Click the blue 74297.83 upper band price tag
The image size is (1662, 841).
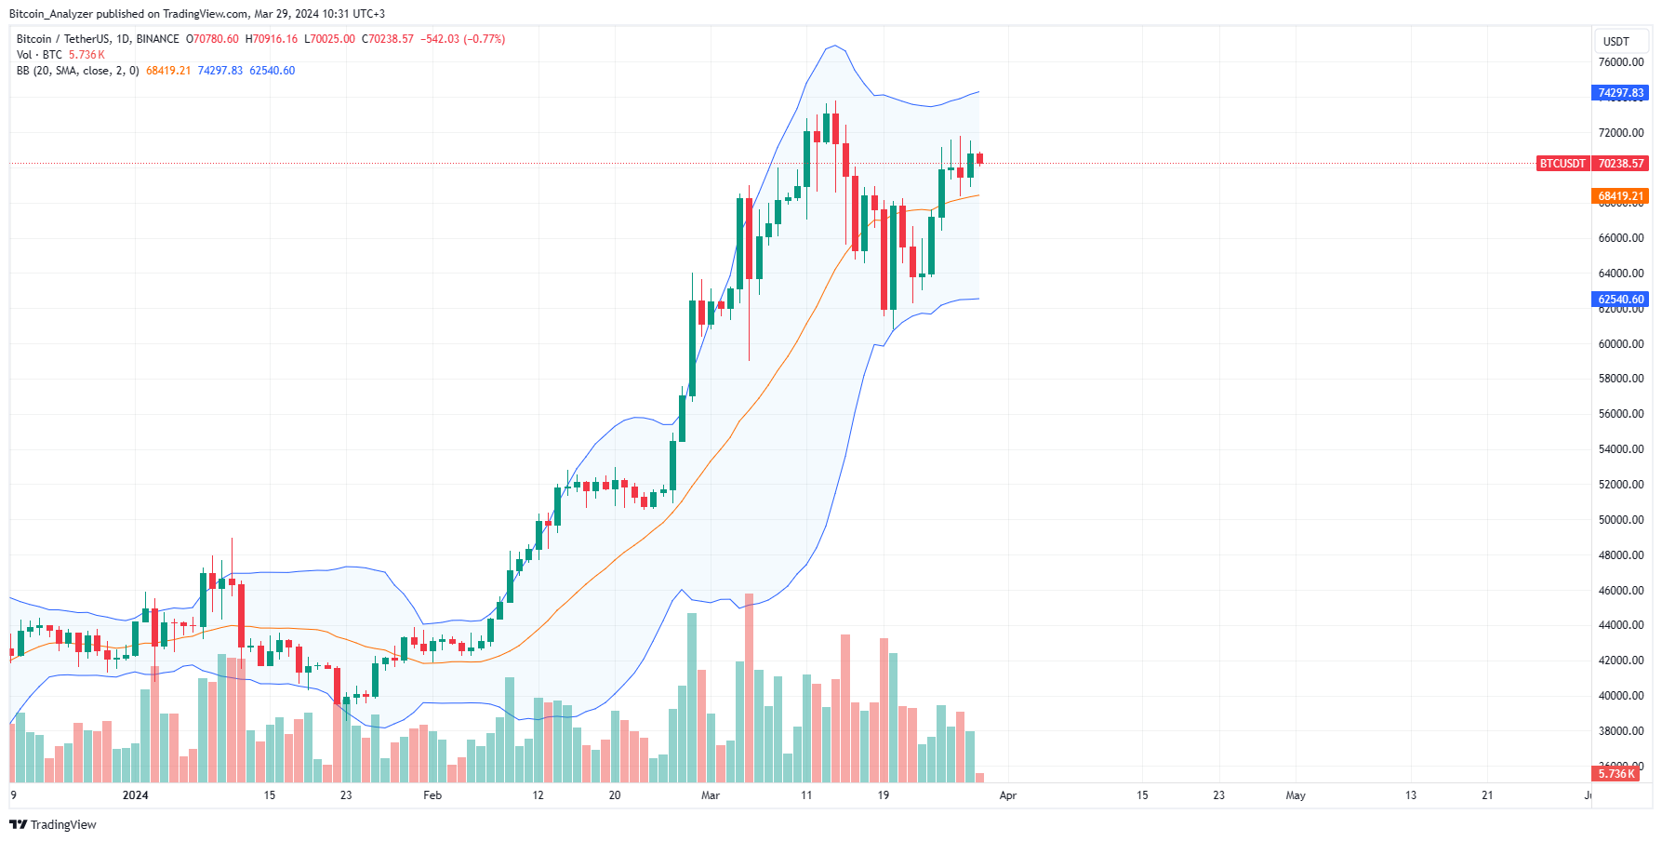point(1621,93)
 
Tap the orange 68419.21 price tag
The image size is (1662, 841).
point(1621,196)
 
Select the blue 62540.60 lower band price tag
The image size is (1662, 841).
point(1621,300)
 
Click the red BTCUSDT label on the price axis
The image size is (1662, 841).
point(1562,164)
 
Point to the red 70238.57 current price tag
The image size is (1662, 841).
point(1621,164)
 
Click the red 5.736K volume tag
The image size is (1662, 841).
point(1616,774)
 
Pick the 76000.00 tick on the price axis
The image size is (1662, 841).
point(1621,62)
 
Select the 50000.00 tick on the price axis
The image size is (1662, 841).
point(1621,520)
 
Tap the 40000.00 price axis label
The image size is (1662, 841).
point(1621,696)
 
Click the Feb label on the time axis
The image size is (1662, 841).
point(432,795)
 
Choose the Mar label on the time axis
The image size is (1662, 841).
point(711,795)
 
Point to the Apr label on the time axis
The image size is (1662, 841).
point(1008,795)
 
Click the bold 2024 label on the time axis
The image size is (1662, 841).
point(136,795)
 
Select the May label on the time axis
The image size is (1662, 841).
point(1296,795)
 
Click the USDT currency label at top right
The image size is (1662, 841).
point(1616,41)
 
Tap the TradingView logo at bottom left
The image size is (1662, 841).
point(53,825)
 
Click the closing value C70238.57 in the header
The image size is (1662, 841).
point(388,39)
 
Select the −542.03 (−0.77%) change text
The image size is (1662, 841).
point(463,39)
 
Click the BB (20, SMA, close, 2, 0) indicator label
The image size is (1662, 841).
point(78,71)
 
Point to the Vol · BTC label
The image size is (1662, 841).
point(39,55)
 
